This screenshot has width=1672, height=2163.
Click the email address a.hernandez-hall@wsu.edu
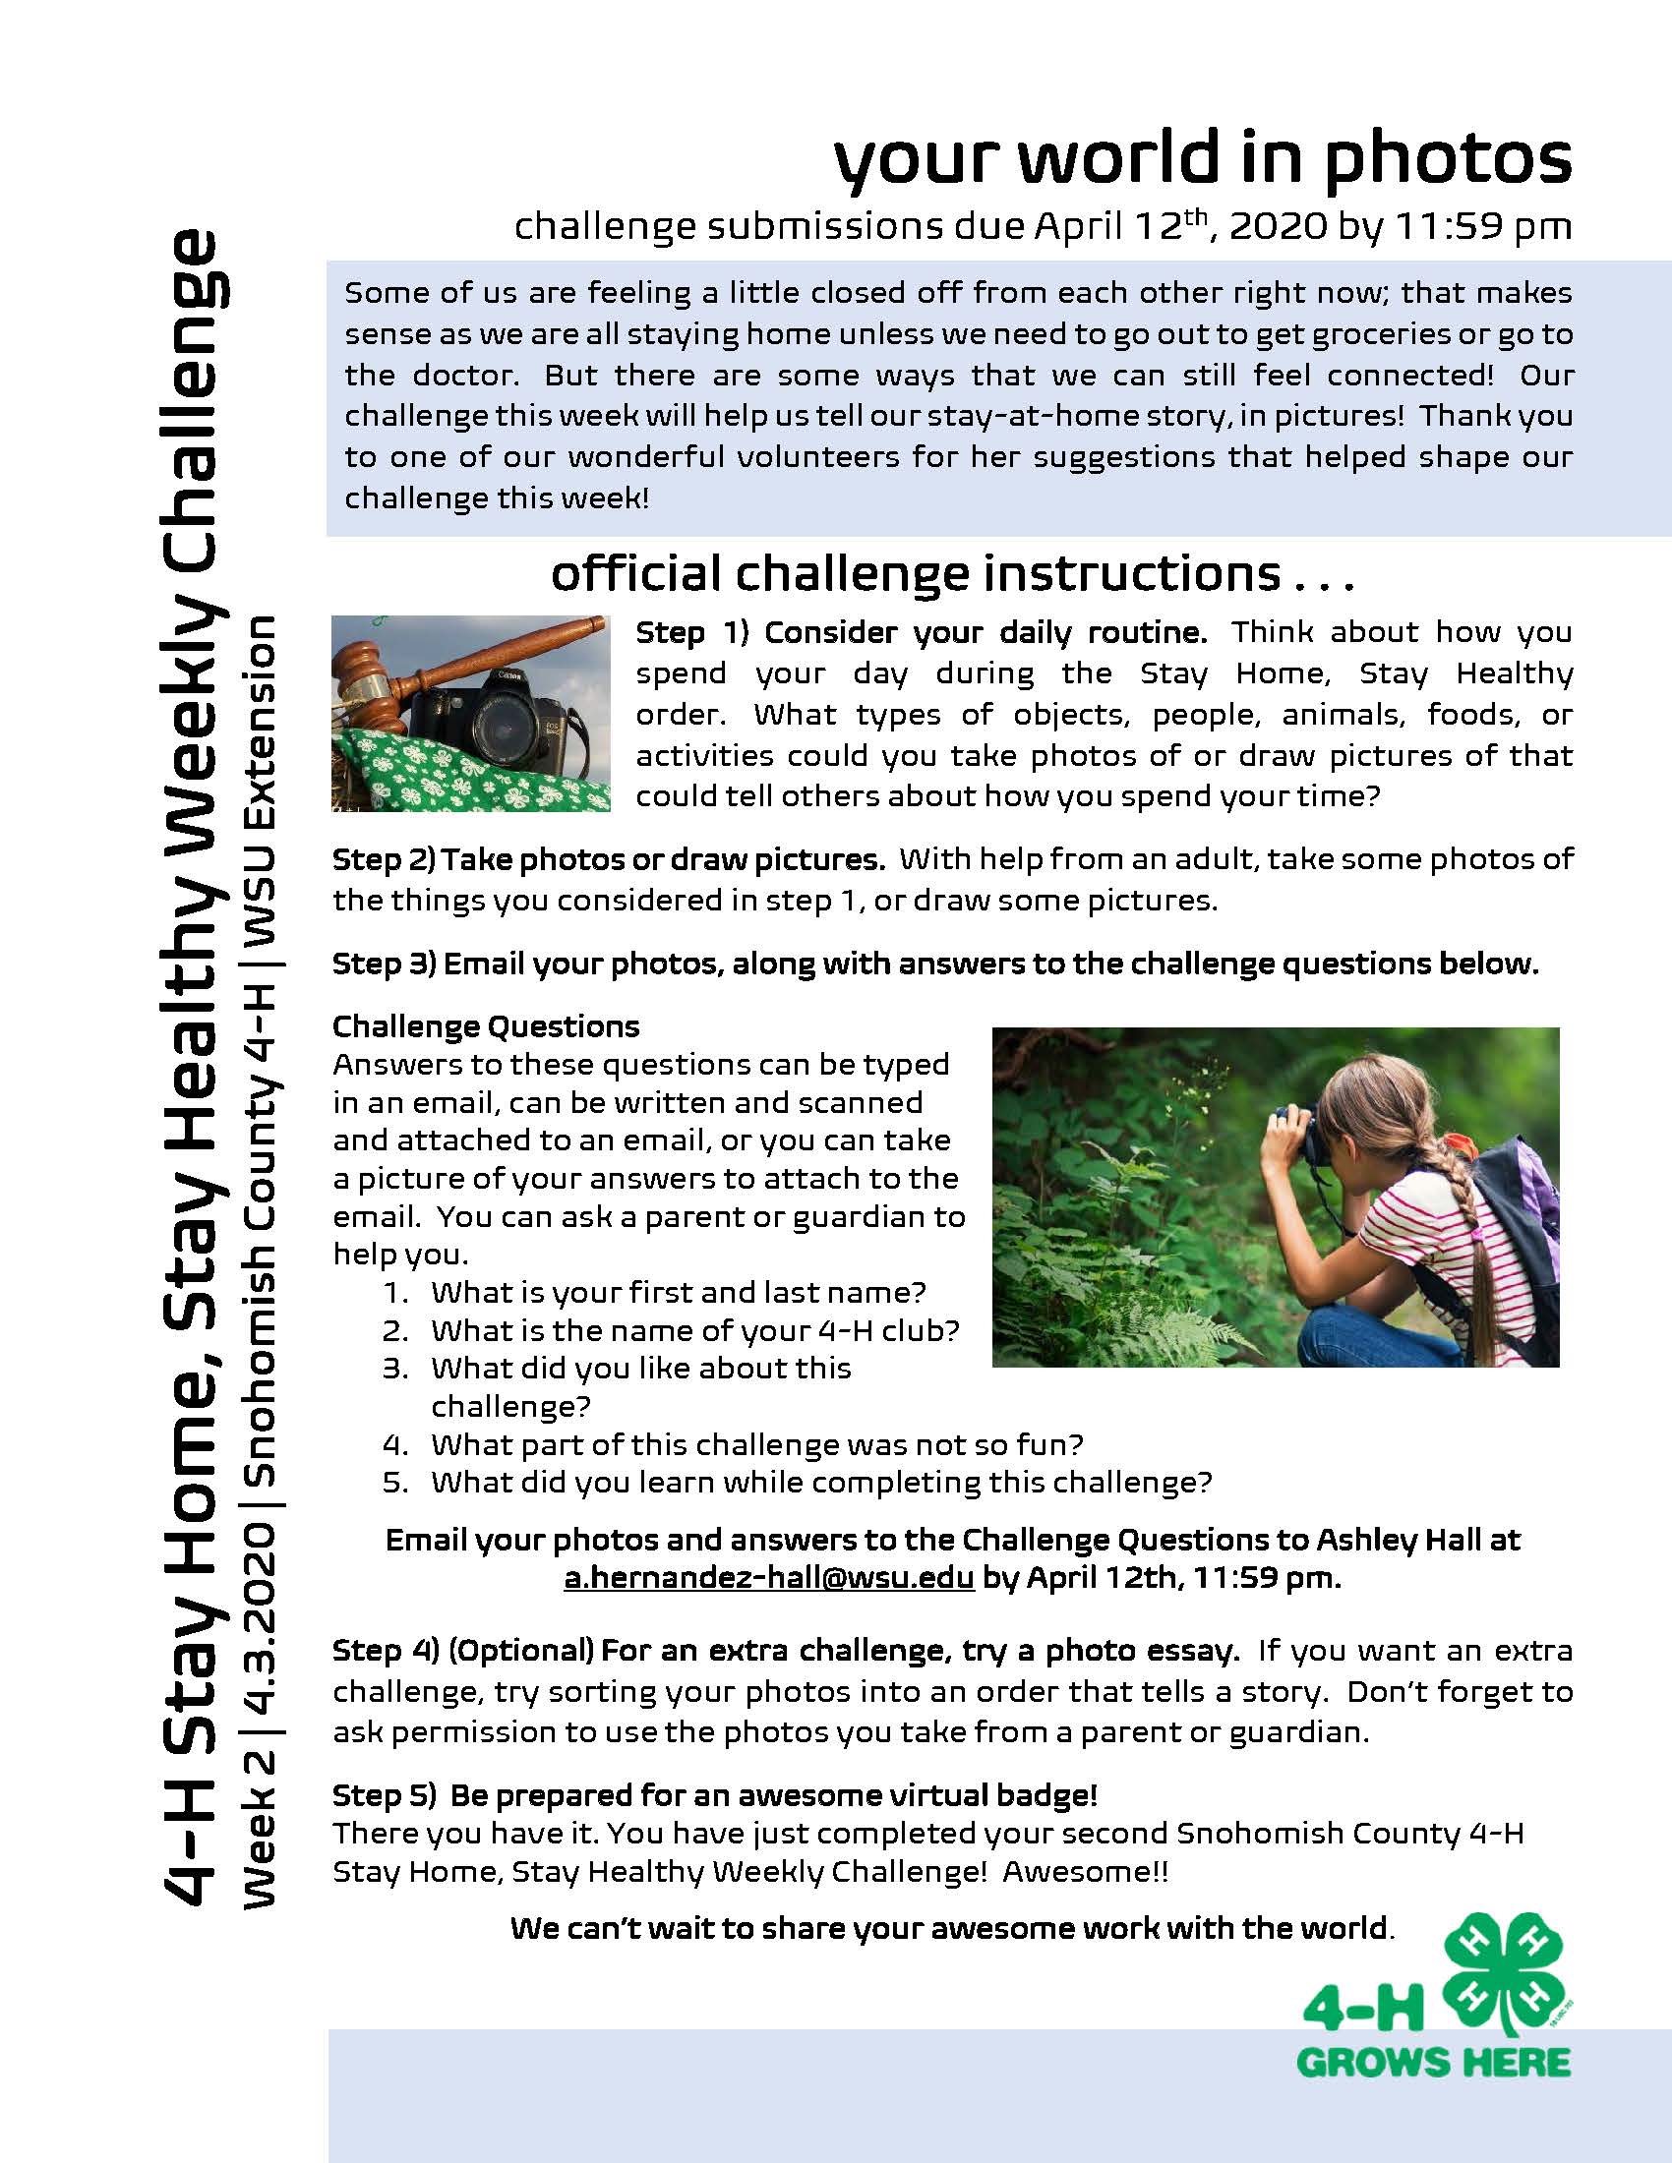click(769, 1578)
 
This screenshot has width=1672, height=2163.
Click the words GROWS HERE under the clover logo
click(1432, 2064)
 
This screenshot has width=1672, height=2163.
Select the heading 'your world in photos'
click(1203, 160)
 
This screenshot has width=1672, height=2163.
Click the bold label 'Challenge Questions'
click(485, 1026)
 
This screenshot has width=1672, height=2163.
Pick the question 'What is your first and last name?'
click(678, 1293)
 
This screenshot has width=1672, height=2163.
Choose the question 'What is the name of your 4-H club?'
click(694, 1330)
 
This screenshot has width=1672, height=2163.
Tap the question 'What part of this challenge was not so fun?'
click(756, 1445)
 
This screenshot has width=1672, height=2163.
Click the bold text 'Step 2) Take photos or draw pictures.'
click(608, 858)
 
